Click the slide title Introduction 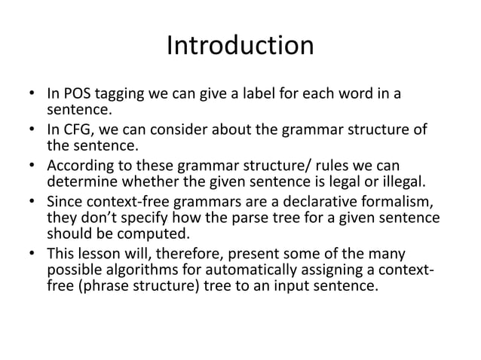pyautogui.click(x=240, y=47)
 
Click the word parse pyautogui.click(x=242, y=218)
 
